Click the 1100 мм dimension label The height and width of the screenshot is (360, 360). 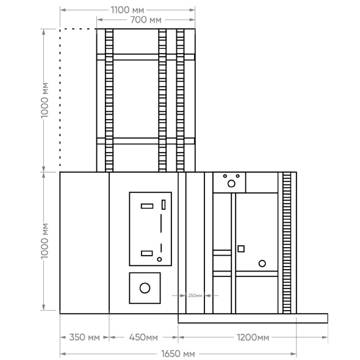[x=128, y=10]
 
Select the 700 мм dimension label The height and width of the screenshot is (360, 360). [x=146, y=20]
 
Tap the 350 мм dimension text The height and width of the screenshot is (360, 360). [x=84, y=337]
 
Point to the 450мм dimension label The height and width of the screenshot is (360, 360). [x=143, y=337]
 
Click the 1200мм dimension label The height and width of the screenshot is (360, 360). [x=253, y=337]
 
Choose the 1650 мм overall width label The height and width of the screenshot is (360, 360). [x=178, y=354]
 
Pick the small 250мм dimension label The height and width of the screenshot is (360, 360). [x=195, y=295]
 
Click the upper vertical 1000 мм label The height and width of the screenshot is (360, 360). [x=45, y=100]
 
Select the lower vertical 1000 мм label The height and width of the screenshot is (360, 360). [x=45, y=241]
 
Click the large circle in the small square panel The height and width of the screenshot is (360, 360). [x=145, y=288]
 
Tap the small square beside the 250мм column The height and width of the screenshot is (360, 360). [x=241, y=249]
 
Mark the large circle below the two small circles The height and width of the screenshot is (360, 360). [x=231, y=184]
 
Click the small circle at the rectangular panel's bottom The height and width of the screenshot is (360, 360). [x=159, y=259]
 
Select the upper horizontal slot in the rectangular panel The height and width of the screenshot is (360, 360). [x=147, y=206]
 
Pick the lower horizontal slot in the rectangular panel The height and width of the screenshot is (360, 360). [x=147, y=253]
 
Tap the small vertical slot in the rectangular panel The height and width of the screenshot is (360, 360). [x=164, y=204]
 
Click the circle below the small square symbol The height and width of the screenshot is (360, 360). [x=262, y=264]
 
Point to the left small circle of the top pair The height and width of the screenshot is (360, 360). [x=225, y=176]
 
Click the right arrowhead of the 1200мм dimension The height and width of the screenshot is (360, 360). [x=325, y=337]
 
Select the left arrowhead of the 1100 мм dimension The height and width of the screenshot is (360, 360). [x=63, y=10]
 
